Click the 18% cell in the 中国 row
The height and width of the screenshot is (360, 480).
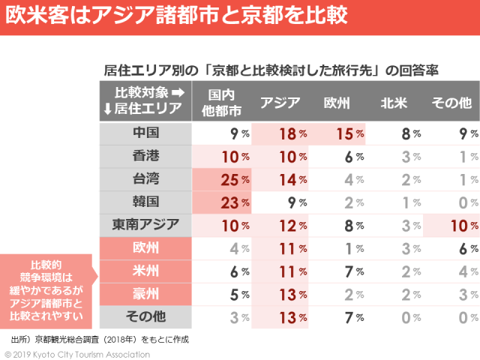(x=280, y=134)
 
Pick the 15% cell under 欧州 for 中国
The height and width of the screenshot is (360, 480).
(x=337, y=134)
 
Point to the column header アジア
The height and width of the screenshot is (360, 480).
(x=280, y=103)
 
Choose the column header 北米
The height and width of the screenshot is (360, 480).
(x=394, y=103)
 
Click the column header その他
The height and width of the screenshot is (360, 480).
(x=451, y=103)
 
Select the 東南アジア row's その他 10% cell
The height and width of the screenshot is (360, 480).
(x=451, y=224)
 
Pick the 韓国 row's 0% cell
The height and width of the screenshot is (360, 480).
(x=451, y=202)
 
